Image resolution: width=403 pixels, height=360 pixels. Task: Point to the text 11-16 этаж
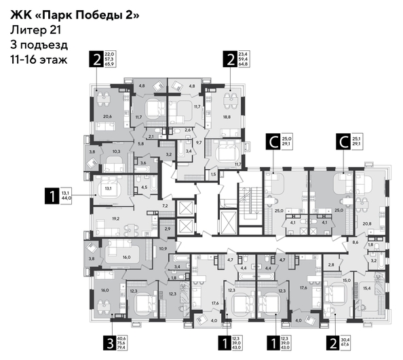click(39, 60)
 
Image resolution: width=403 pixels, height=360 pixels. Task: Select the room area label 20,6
click(107, 116)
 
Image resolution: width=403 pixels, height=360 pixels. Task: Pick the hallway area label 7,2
click(164, 204)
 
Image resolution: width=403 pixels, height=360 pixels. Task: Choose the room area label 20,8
click(367, 223)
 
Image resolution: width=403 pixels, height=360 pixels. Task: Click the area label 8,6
click(355, 242)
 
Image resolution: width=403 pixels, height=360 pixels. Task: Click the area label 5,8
click(140, 143)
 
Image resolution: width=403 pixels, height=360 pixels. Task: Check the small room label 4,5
click(144, 188)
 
